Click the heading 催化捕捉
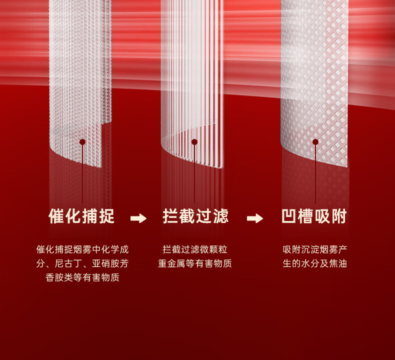pyautogui.click(x=81, y=216)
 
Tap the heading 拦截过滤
pyautogui.click(x=195, y=216)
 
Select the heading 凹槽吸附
pyautogui.click(x=314, y=216)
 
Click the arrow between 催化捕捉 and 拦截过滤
pyautogui.click(x=138, y=218)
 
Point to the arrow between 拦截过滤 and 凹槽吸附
pyautogui.click(x=255, y=218)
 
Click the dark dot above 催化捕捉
pyautogui.click(x=82, y=142)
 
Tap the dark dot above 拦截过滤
pyautogui.click(x=194, y=142)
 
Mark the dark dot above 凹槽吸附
pyautogui.click(x=315, y=142)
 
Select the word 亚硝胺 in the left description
pyautogui.click(x=104, y=263)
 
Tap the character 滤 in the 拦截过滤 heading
pyautogui.click(x=220, y=216)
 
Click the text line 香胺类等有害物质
pyautogui.click(x=82, y=277)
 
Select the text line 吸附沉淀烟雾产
pyautogui.click(x=315, y=249)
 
